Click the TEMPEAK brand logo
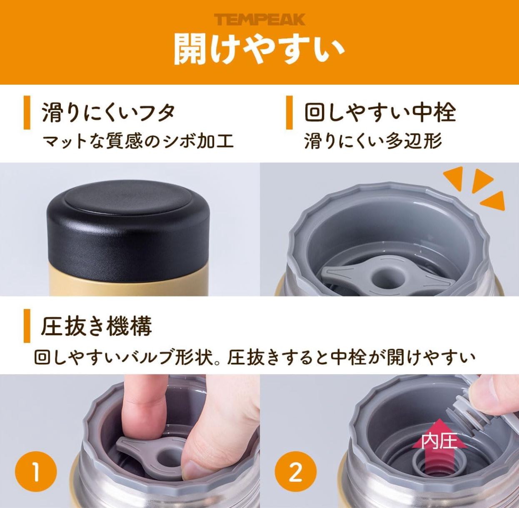tap(259, 20)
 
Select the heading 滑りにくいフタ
tap(108, 113)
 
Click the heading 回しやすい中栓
tap(380, 113)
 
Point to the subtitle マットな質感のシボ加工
tap(138, 141)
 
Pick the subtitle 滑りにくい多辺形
tap(373, 141)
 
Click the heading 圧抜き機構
tap(96, 326)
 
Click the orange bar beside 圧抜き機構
tap(27, 326)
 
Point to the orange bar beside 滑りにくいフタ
tap(27, 113)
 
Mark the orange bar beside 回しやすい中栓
tap(289, 113)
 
